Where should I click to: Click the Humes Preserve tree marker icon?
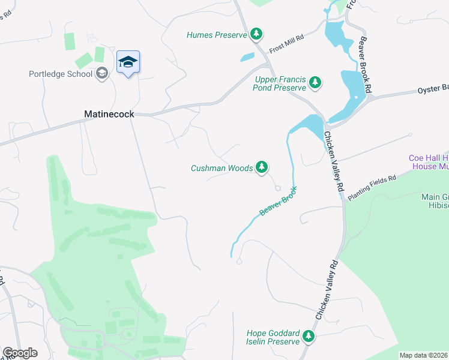257,34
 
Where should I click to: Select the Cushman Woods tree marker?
262,168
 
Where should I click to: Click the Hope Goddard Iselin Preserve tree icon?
309,337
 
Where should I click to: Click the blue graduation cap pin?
128,62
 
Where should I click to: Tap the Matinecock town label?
109,113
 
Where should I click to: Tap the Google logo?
19,353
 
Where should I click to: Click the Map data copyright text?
424,355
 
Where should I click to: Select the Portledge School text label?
60,74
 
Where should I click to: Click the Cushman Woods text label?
221,169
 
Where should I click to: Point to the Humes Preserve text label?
216,35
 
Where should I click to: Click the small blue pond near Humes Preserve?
247,58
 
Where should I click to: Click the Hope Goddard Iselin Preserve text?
273,337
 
